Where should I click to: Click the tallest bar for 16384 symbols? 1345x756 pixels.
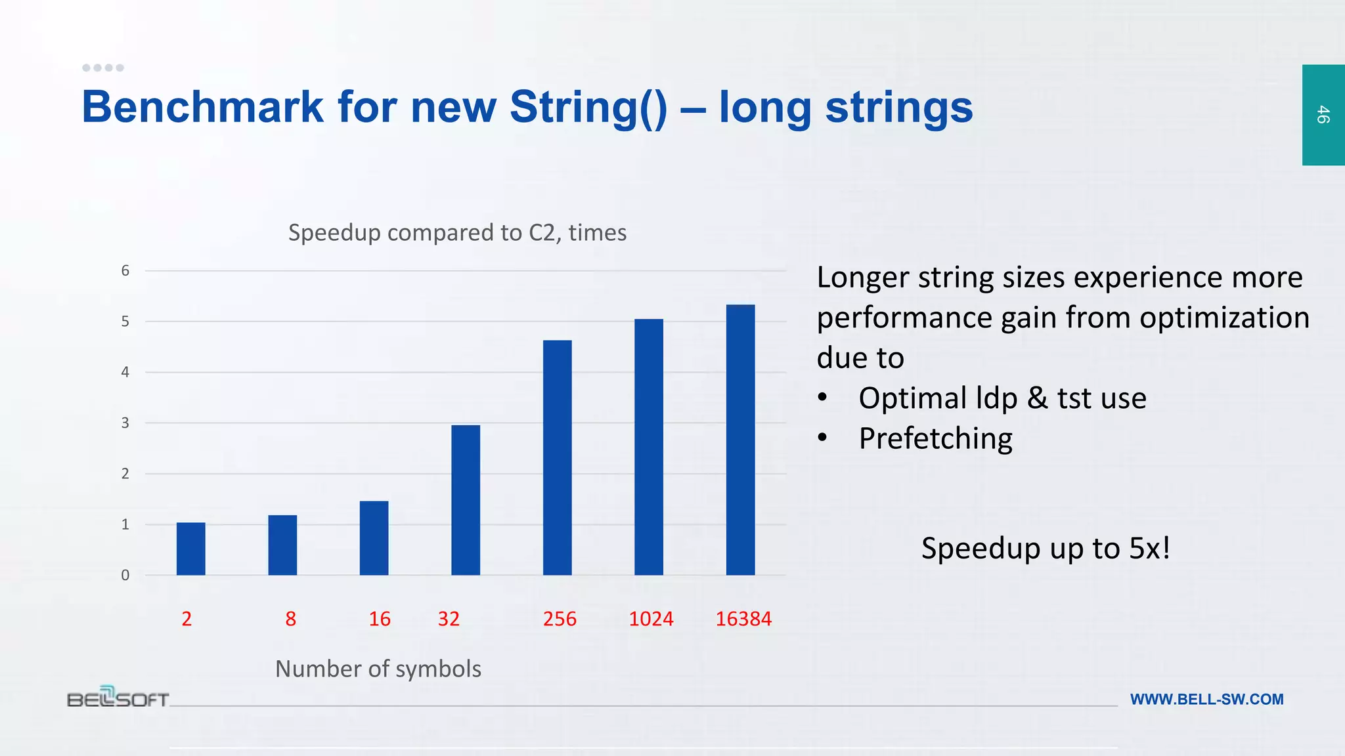pyautogui.click(x=740, y=440)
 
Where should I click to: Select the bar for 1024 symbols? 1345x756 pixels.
pyautogui.click(x=649, y=447)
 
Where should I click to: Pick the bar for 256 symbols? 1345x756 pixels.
pyautogui.click(x=557, y=457)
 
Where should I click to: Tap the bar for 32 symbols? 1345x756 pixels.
pyautogui.click(x=466, y=500)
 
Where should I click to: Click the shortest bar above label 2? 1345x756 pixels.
pyautogui.click(x=190, y=549)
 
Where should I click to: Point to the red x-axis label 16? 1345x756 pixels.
pyautogui.click(x=380, y=619)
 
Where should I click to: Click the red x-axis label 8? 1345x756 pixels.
pyautogui.click(x=291, y=619)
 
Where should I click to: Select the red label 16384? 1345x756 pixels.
pyautogui.click(x=743, y=619)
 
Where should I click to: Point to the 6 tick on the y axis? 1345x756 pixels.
pyautogui.click(x=125, y=270)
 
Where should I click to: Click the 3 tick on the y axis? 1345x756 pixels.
pyautogui.click(x=125, y=423)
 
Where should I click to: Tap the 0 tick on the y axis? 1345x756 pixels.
pyautogui.click(x=125, y=576)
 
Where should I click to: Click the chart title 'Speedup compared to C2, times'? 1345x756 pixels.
pyautogui.click(x=457, y=232)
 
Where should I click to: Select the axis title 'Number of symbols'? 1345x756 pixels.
pyautogui.click(x=378, y=669)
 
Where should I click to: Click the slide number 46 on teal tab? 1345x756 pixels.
pyautogui.click(x=1323, y=115)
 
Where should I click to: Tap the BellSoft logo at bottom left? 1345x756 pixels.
pyautogui.click(x=118, y=697)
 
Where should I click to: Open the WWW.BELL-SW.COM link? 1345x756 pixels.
pyautogui.click(x=1206, y=700)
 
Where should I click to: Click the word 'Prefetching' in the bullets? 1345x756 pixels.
pyautogui.click(x=935, y=438)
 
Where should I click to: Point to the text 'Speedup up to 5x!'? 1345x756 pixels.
pyautogui.click(x=1046, y=548)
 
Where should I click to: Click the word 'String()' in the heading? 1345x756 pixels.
pyautogui.click(x=588, y=107)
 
